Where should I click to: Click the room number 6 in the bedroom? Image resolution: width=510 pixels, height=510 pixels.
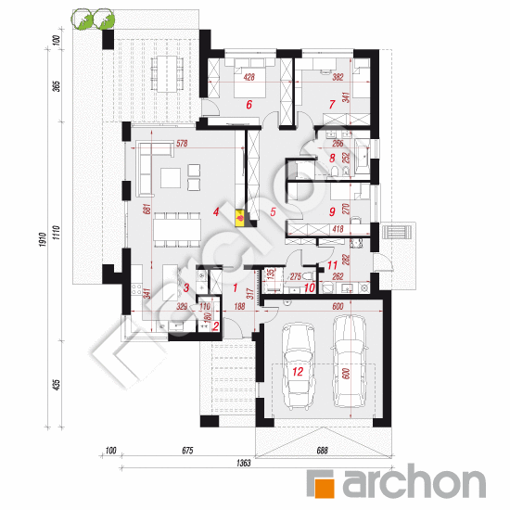(249, 106)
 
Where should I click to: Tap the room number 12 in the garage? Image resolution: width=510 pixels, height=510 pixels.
(298, 371)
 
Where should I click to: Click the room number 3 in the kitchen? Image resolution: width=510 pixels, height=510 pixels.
(185, 287)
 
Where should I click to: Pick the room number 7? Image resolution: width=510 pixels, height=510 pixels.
(331, 105)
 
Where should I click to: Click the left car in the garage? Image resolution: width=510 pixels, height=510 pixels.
(298, 366)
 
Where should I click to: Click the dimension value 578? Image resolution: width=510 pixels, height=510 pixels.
(182, 144)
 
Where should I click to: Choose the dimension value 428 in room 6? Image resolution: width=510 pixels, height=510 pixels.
(249, 78)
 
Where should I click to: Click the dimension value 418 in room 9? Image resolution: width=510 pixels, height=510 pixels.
(339, 228)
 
